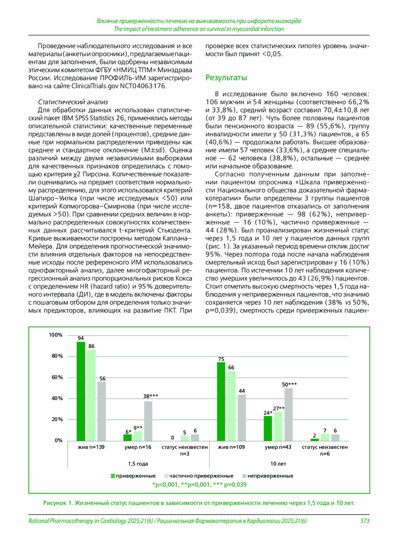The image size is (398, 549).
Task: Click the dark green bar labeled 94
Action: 81,391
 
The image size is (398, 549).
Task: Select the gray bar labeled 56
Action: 101,411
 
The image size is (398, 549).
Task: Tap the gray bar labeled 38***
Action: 148,421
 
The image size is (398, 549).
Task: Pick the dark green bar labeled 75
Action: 221,401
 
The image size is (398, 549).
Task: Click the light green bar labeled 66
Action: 232,406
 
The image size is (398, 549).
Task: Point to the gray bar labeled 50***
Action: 289,414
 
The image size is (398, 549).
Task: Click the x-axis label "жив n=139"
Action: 91,447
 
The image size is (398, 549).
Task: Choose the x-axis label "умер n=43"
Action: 278,447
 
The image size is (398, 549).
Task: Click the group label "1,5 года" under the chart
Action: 138,464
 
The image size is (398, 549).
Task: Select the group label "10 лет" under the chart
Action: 278,464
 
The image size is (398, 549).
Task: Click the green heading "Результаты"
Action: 226,78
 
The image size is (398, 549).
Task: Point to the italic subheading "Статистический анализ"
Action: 73,102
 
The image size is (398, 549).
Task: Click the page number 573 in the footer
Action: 365,521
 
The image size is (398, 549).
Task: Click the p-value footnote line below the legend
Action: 199,484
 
